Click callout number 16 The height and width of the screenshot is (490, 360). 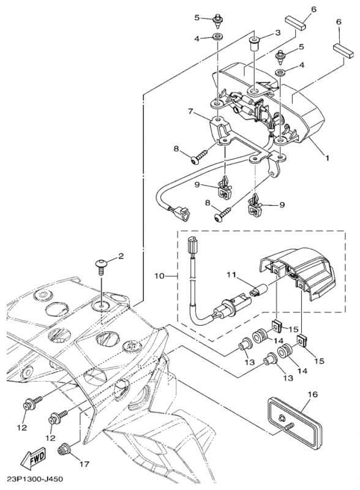click(312, 394)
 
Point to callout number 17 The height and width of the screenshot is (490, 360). click(84, 464)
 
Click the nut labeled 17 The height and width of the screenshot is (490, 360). click(64, 450)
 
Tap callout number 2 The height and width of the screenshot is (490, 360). click(121, 257)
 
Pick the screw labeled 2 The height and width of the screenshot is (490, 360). click(101, 266)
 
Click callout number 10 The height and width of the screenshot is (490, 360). click(159, 276)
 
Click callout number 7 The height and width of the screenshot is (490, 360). click(192, 111)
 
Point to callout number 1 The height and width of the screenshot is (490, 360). click(327, 158)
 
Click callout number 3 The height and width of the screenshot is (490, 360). click(277, 32)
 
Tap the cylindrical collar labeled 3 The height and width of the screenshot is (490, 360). click(254, 44)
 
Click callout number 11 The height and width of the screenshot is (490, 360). click(231, 275)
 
